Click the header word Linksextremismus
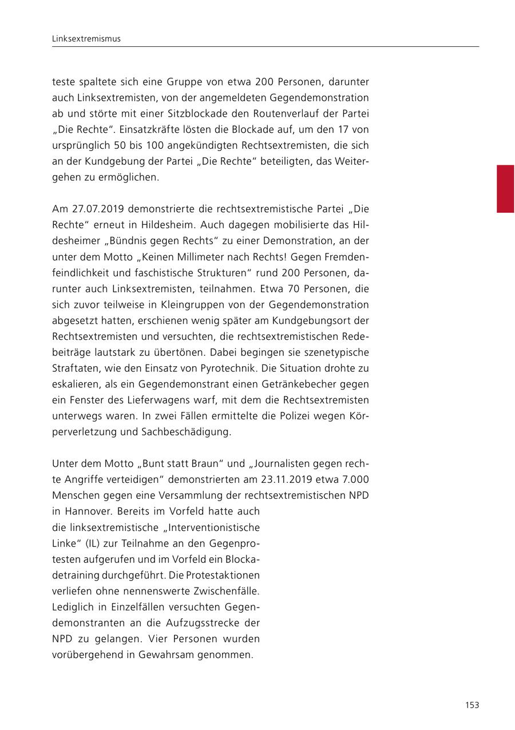[86, 39]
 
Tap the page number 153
[472, 705]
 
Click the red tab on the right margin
[505, 189]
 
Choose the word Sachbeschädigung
[186, 431]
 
